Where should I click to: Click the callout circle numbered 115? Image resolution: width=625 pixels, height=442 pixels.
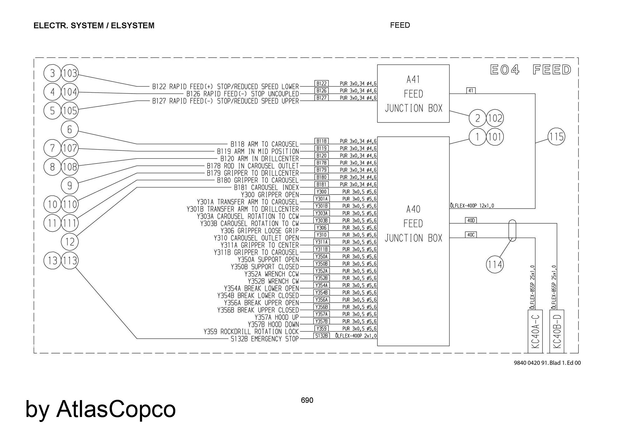point(557,137)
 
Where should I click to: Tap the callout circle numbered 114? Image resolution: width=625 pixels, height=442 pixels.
point(495,265)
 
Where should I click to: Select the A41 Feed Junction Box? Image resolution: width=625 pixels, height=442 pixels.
point(413,94)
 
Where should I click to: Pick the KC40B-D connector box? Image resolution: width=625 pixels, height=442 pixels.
point(557,331)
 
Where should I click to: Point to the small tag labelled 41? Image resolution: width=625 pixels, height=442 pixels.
point(471,91)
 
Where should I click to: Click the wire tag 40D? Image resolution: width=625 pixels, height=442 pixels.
point(471,221)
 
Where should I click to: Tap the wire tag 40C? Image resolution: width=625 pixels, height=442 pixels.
point(471,235)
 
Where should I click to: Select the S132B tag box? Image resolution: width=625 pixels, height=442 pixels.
point(321,336)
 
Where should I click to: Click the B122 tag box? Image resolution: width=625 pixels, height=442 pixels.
point(321,84)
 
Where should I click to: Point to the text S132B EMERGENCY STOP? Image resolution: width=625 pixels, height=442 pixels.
point(265,339)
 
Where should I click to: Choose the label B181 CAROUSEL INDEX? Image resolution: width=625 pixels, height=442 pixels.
point(266,187)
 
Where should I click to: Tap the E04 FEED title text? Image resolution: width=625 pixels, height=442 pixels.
point(530,70)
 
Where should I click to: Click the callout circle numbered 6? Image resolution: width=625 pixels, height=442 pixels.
point(70,130)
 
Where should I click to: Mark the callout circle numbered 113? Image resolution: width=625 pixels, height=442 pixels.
point(70,260)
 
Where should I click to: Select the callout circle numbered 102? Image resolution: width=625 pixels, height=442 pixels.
point(495,118)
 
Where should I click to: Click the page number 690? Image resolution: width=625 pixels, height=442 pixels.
point(307,400)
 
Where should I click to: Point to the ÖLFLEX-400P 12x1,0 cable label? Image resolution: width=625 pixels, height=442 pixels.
point(472,206)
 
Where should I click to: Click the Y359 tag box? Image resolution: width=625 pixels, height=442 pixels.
point(321,329)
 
